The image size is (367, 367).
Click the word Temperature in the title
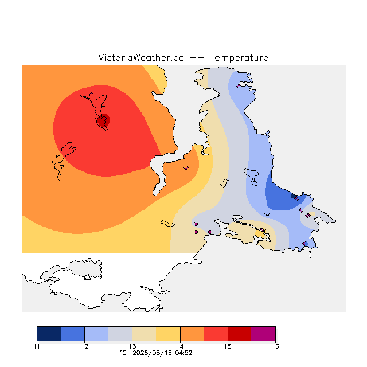[239, 58]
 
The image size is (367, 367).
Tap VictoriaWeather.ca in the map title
[141, 58]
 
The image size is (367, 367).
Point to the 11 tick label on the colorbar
[37, 346]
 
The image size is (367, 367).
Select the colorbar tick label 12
[84, 346]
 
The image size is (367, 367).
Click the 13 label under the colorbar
[132, 346]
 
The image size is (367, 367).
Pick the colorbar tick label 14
[180, 346]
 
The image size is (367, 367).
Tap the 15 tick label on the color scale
[228, 346]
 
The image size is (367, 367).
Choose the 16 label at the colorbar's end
[275, 346]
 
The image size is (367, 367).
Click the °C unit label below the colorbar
[123, 353]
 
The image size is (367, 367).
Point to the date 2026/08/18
[151, 353]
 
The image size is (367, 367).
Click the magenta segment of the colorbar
[263, 334]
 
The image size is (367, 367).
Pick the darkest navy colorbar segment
[49, 334]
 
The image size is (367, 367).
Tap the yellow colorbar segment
[168, 334]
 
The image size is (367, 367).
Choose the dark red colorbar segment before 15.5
[240, 334]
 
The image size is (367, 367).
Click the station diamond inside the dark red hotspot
[104, 119]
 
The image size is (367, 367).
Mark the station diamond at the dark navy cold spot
[297, 199]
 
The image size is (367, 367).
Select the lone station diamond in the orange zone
[186, 167]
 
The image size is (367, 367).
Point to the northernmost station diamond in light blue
[239, 87]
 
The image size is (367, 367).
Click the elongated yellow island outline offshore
[167, 224]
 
